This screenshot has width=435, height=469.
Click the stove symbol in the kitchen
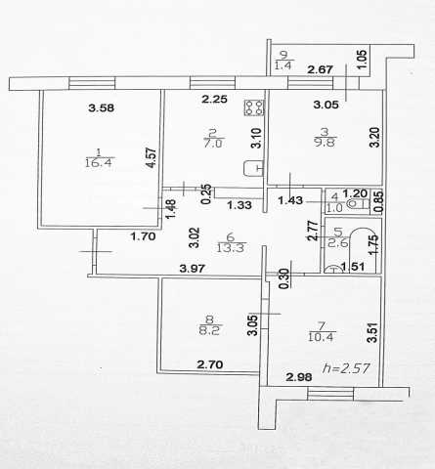254,107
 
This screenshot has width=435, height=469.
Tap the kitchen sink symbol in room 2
254,168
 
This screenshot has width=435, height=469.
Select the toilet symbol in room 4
359,204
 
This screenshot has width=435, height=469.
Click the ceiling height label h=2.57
346,368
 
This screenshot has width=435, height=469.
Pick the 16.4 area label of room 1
99,162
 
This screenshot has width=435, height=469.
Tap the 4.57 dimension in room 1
152,158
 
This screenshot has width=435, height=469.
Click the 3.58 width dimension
102,107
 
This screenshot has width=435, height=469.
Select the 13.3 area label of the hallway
231,248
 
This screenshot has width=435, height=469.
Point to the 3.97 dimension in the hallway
193,269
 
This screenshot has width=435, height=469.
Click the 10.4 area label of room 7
322,337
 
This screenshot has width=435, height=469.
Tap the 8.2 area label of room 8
209,331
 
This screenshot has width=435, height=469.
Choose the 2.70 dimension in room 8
210,364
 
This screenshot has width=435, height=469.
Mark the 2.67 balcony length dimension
321,69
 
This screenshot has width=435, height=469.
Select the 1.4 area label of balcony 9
284,65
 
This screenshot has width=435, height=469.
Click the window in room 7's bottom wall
330,394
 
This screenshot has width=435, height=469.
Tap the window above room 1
92,83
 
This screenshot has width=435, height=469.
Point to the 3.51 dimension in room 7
372,332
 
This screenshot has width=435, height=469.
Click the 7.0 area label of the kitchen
213,144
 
